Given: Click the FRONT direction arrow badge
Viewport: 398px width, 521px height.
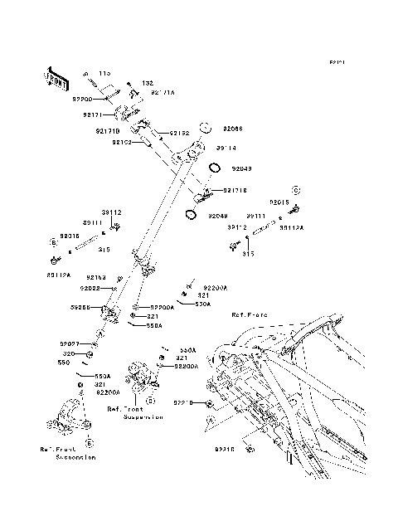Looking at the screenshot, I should pyautogui.click(x=56, y=77).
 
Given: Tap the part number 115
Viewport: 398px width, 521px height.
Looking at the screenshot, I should pyautogui.click(x=104, y=74).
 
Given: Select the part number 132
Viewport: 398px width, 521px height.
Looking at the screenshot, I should pyautogui.click(x=148, y=84).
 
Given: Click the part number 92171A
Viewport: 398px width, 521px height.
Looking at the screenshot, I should pyautogui.click(x=163, y=94).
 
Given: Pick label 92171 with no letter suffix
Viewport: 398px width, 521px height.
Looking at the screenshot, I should pyautogui.click(x=91, y=115).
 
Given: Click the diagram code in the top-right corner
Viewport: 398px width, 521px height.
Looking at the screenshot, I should pyautogui.click(x=337, y=62).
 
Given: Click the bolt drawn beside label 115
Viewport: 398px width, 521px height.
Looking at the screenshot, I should pyautogui.click(x=85, y=75).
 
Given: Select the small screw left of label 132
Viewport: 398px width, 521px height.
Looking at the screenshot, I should pyautogui.click(x=131, y=83).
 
